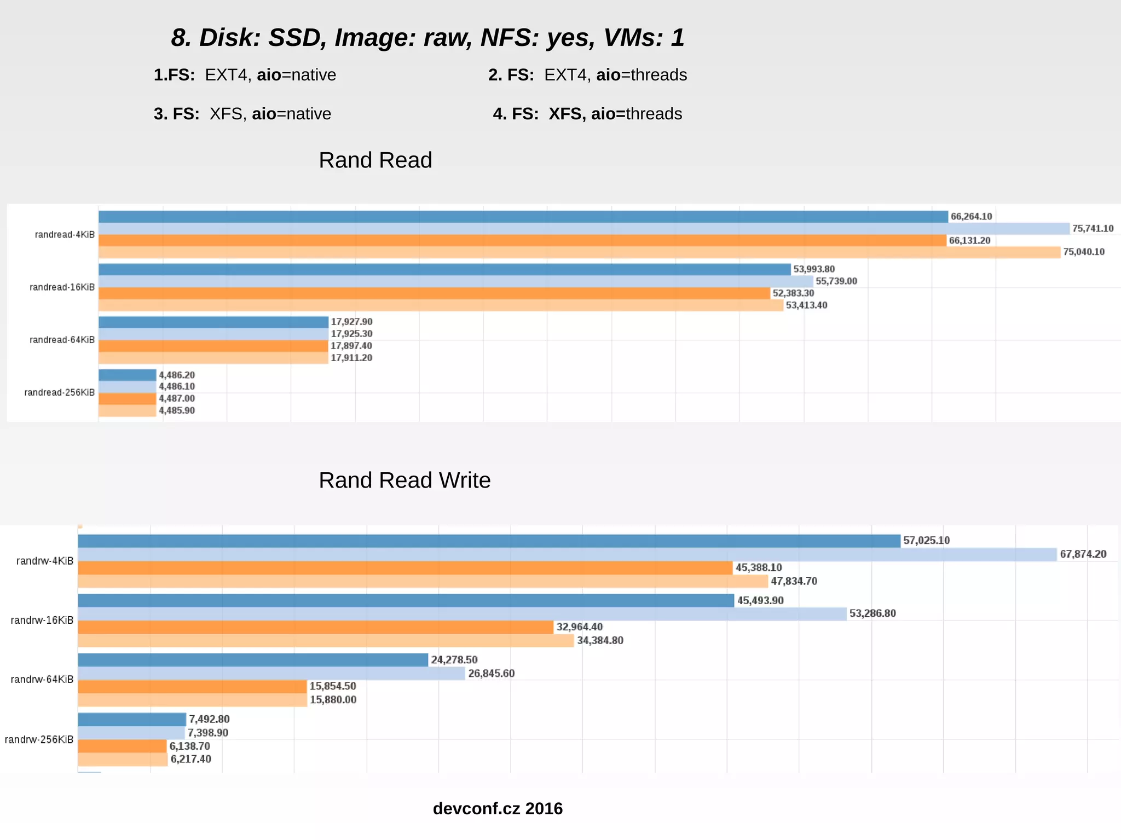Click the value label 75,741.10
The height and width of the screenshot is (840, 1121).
point(1093,229)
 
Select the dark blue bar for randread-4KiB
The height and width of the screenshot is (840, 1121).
point(523,217)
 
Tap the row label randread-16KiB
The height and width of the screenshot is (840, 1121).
point(62,287)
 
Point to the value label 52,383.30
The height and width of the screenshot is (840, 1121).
point(793,293)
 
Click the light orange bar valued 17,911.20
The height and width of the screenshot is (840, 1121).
point(213,358)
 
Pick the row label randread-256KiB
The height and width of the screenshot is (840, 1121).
point(59,392)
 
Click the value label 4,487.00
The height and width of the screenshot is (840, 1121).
point(176,398)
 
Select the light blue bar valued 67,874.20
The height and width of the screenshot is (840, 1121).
point(567,554)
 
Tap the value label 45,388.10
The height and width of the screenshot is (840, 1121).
point(759,567)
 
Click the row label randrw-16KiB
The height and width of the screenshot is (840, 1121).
point(42,620)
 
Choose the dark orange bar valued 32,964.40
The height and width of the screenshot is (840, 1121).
point(315,627)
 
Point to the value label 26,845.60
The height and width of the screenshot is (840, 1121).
point(491,673)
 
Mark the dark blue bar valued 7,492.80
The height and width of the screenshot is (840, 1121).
point(132,719)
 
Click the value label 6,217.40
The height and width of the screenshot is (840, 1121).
point(190,759)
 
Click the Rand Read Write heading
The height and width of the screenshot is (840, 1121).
point(405,480)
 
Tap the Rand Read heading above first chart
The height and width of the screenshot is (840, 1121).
point(375,160)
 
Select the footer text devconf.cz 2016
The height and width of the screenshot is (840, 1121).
point(498,808)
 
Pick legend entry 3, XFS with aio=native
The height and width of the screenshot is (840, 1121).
point(242,114)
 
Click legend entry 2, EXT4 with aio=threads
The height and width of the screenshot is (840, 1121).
point(587,75)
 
